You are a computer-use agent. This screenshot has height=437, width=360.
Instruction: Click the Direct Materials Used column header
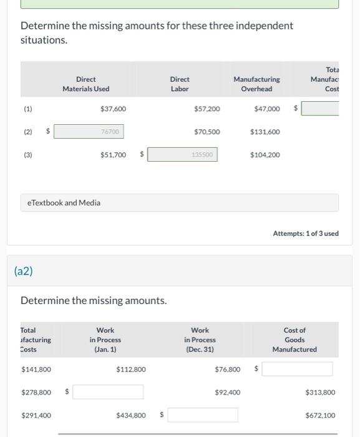point(85,84)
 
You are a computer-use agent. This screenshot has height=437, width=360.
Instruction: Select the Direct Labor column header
point(180,84)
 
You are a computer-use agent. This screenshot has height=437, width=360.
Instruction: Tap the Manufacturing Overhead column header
point(256,84)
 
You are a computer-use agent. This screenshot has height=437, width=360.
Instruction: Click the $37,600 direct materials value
point(113,109)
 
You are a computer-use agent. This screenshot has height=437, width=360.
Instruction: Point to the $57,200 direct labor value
point(207,109)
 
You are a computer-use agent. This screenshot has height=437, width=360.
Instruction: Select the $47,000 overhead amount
point(267,109)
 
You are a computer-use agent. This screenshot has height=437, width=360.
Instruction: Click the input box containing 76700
point(89,132)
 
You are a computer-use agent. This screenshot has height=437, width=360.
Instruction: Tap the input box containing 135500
point(182,154)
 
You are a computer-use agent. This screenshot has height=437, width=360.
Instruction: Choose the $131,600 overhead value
point(265,132)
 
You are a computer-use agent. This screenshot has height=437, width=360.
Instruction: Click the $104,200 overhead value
point(265,155)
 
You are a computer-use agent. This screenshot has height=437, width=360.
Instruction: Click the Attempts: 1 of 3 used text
point(306,233)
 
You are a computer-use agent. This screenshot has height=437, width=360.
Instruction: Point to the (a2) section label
point(23,271)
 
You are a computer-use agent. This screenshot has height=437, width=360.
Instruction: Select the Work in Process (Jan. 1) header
point(105,340)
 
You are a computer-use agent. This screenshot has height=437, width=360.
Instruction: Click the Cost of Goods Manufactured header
point(294,340)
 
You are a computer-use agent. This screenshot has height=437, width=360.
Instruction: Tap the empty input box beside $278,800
point(108,392)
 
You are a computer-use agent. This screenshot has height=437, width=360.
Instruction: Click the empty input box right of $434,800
point(202,415)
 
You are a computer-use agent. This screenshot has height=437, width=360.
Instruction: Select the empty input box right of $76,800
point(297,369)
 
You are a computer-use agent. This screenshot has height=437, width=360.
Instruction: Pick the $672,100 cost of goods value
point(320,415)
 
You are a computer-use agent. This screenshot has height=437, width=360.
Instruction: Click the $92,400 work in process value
point(227,392)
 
